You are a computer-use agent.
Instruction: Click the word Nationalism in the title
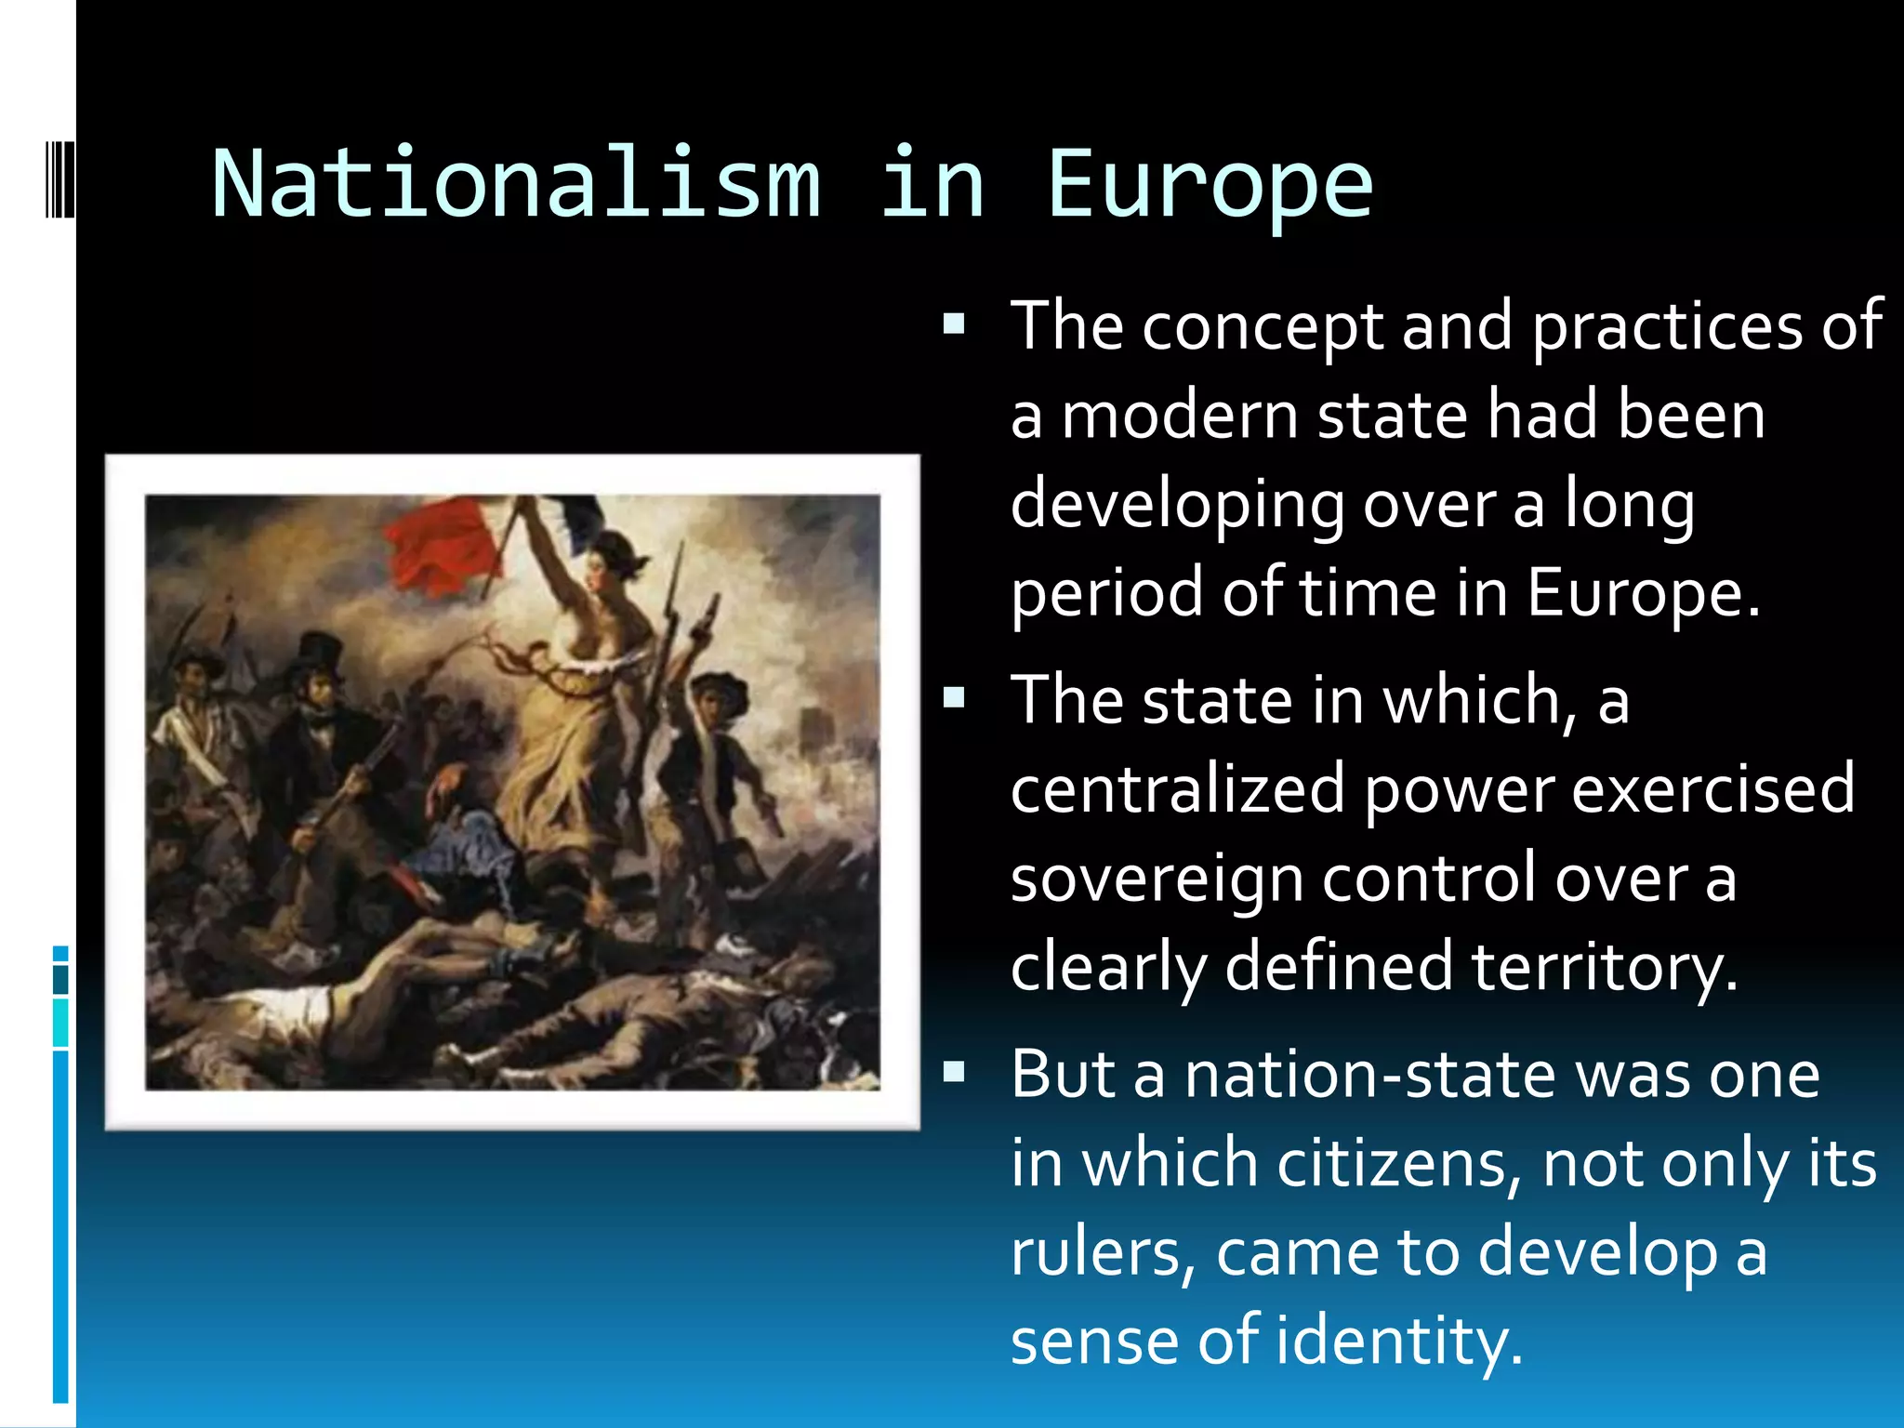pos(517,184)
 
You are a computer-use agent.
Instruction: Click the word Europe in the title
pos(1210,186)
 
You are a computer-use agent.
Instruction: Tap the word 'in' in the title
pos(932,184)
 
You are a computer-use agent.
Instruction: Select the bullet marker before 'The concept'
pos(954,324)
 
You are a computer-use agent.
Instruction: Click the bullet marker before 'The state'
pos(954,698)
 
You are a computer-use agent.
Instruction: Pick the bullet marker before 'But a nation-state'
pos(954,1073)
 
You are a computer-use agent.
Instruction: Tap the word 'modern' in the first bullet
pos(1180,416)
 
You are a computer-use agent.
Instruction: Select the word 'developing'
pos(1178,507)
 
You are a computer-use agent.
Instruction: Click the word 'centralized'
pos(1178,789)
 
